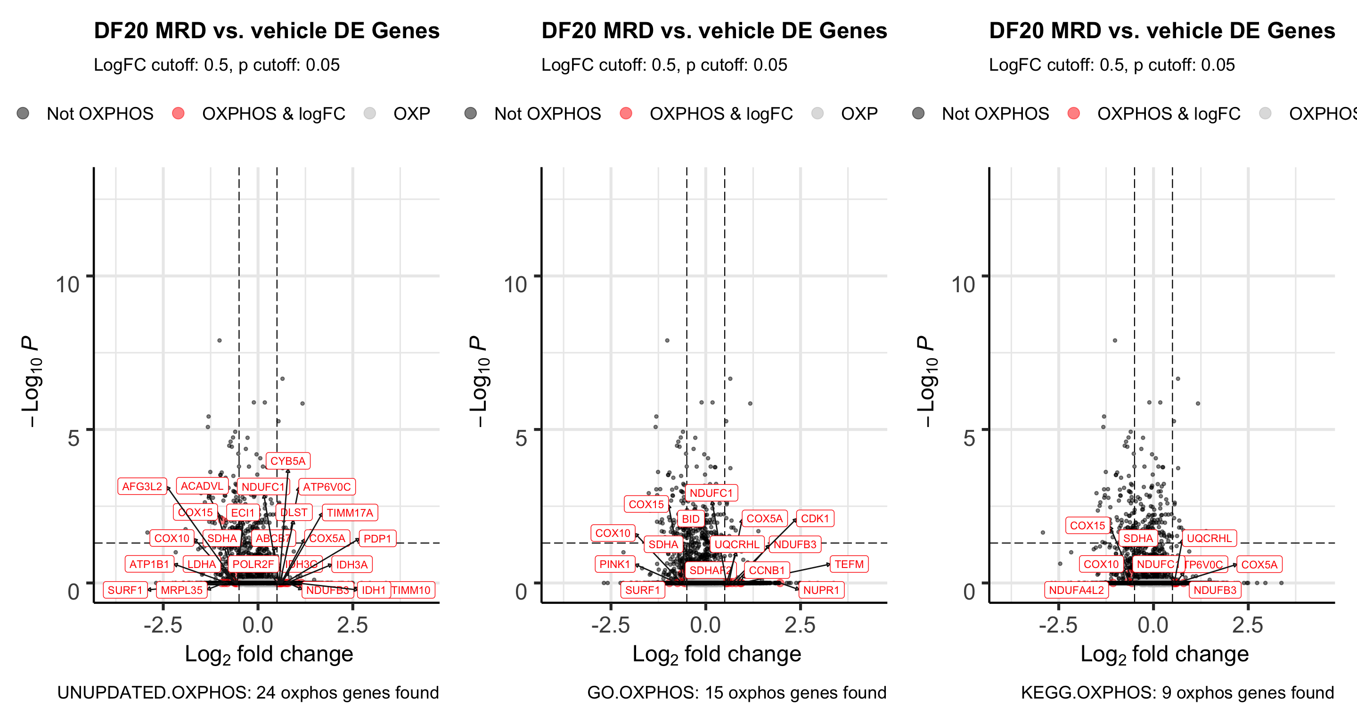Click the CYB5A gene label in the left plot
point(287,461)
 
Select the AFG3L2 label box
point(142,486)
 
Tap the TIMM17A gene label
point(349,513)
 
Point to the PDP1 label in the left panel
point(377,538)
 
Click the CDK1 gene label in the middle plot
point(814,518)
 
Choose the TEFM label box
point(849,564)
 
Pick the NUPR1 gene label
point(821,590)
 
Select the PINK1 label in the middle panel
point(615,564)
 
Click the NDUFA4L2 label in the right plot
point(1076,590)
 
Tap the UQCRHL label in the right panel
point(1209,538)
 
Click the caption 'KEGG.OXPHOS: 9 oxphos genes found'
point(1177,692)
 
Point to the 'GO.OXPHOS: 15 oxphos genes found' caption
point(736,692)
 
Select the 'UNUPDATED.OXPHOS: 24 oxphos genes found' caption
point(247,692)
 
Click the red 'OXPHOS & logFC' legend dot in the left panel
point(179,113)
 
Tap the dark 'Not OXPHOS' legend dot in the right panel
point(918,113)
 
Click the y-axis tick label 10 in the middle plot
point(515,285)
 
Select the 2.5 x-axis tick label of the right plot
point(1247,625)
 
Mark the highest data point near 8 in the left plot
point(220,340)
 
